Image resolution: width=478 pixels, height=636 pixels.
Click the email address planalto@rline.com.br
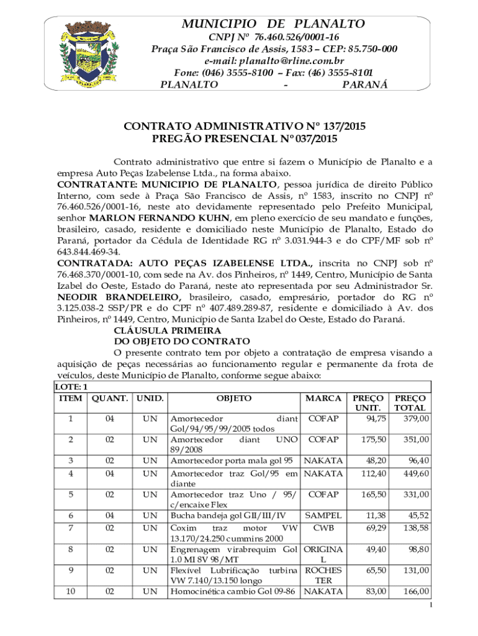coord(274,61)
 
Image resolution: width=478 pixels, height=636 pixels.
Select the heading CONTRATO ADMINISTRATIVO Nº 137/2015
coord(245,127)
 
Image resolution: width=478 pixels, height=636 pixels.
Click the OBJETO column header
coord(234,397)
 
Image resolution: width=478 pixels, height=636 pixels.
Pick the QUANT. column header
coord(110,397)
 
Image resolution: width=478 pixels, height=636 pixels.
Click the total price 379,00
coord(415,419)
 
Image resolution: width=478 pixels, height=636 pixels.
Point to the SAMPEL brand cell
coord(323,515)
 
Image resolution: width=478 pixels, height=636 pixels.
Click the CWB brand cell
coord(323,527)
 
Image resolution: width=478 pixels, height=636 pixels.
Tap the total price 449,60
coord(415,473)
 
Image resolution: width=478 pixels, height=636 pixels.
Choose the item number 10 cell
coord(70,591)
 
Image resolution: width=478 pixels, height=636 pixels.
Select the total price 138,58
coord(415,527)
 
